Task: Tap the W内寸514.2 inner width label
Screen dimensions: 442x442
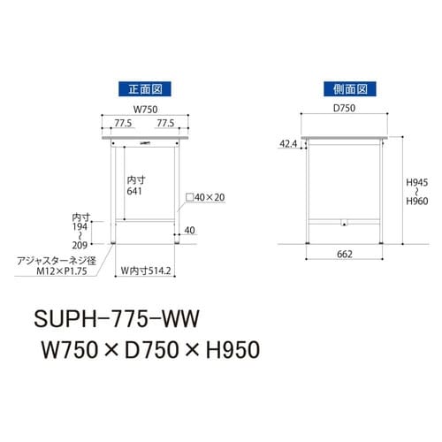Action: [x=146, y=271]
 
